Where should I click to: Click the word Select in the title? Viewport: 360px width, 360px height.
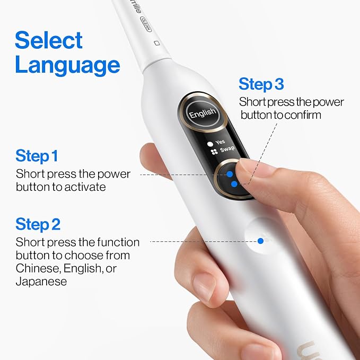point(49,40)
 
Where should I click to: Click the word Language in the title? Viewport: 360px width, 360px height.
point(67,65)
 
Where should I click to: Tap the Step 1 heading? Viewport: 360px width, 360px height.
point(37,156)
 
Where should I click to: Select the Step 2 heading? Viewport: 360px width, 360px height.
point(38,224)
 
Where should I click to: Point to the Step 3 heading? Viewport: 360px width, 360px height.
point(261,84)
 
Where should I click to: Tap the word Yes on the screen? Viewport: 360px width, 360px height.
point(220,142)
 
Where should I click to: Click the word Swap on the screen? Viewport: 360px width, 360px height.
point(227,149)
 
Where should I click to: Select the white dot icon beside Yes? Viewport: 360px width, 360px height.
point(210,144)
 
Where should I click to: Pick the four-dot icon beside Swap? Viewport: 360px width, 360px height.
point(214,152)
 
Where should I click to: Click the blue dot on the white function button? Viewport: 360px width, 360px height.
point(260,241)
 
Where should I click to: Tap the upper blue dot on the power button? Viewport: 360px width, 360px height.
point(230,174)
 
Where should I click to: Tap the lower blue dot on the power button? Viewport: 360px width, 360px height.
point(234,184)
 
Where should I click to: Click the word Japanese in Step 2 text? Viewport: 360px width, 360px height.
point(41,282)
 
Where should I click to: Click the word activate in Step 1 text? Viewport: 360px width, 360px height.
point(85,187)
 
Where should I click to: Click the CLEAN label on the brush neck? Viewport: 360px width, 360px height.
point(146,24)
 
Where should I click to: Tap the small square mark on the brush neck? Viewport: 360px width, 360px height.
point(157,43)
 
